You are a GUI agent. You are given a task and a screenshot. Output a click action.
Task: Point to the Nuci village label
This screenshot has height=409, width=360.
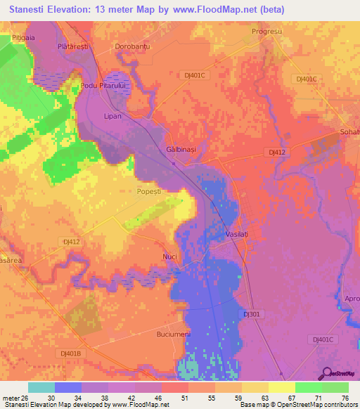pyautogui.click(x=169, y=257)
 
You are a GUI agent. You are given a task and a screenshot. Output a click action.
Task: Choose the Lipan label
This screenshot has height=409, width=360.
pyautogui.click(x=112, y=116)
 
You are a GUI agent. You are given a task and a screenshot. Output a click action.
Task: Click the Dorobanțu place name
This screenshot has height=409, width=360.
pyautogui.click(x=133, y=46)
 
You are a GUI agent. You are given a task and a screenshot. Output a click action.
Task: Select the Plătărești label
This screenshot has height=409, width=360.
pyautogui.click(x=72, y=46)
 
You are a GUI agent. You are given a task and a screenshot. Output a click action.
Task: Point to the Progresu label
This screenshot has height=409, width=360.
pyautogui.click(x=267, y=32)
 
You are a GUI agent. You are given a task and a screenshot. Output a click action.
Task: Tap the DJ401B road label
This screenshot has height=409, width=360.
pyautogui.click(x=71, y=353)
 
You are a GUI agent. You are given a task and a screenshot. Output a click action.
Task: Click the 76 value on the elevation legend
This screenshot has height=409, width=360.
pyautogui.click(x=345, y=398)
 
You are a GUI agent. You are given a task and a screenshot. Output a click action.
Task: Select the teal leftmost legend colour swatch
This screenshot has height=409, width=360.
pyautogui.click(x=41, y=387)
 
